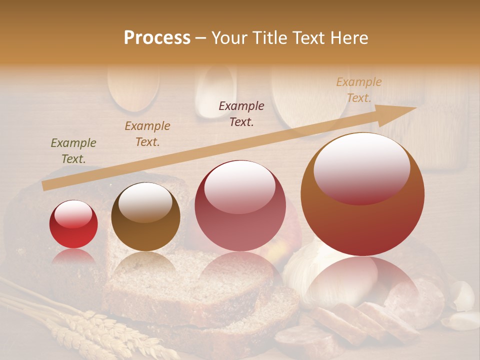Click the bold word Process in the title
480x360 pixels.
point(157,38)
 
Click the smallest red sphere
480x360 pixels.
point(73,224)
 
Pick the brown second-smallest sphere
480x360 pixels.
point(145,217)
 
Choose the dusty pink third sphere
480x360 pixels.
point(240,205)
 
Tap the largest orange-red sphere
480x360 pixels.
point(362,194)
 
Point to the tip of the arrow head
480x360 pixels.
point(416,107)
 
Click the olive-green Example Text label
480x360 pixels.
point(73,151)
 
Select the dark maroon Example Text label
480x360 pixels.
point(241,114)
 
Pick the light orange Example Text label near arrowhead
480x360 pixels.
point(358,90)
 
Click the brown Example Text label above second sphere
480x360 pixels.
point(147,134)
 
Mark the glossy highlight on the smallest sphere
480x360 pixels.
point(73,214)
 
